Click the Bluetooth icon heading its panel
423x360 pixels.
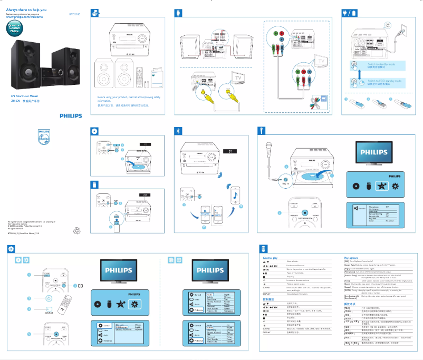click(x=178, y=130)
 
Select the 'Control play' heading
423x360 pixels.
click(x=271, y=257)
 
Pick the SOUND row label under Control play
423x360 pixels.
click(x=267, y=287)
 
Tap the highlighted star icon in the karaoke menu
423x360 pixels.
click(x=379, y=187)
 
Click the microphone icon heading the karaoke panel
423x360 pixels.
click(x=262, y=130)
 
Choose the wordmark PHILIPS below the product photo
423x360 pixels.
click(x=71, y=115)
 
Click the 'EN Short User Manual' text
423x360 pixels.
click(x=25, y=96)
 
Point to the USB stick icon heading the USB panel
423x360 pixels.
click(x=94, y=184)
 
